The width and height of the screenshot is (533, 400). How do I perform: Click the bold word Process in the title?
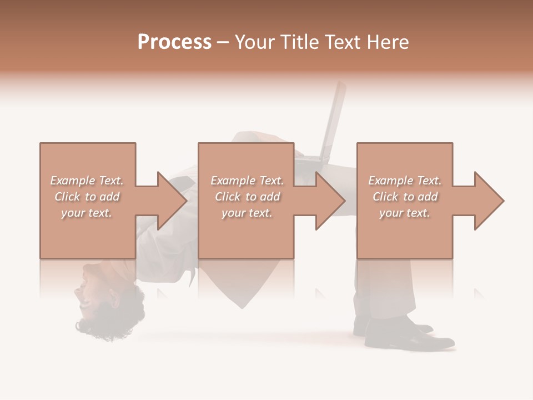pos(174,42)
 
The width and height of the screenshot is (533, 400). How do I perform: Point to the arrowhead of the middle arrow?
pos(330,201)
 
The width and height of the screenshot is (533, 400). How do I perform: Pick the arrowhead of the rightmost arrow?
pos(489,201)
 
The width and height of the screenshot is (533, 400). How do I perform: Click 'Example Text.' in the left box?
pos(87,181)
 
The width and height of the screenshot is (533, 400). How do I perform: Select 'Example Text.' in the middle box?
pos(247,181)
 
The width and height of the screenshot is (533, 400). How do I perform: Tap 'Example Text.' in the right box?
pos(405,181)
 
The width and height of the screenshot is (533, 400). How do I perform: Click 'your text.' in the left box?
pos(87,213)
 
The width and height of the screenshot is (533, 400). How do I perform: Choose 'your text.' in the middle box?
pos(247,213)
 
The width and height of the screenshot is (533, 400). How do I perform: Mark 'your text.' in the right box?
pos(405,213)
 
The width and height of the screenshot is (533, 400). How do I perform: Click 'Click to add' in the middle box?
pos(247,197)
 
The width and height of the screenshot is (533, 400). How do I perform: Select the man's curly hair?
pos(105,322)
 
